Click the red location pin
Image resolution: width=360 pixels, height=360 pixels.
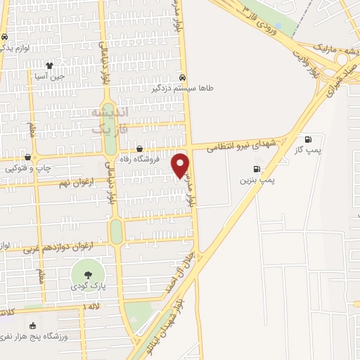(181, 163)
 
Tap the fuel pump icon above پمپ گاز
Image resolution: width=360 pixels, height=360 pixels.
(307, 139)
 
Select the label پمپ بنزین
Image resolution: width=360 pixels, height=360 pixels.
(256, 181)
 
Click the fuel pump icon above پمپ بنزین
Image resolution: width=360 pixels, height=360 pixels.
(256, 169)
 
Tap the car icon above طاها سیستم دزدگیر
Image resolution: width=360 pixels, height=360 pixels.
(183, 77)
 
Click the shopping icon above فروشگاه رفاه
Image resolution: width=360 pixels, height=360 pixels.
(139, 148)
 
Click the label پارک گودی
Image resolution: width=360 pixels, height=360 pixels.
(88, 288)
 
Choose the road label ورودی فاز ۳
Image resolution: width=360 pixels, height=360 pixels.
(262, 19)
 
